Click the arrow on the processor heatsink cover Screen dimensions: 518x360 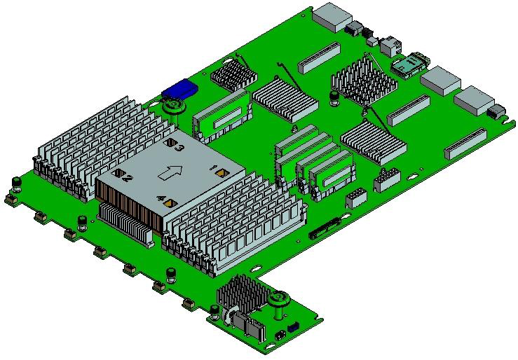pyautogui.click(x=170, y=172)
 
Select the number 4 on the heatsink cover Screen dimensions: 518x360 pyautogui.click(x=161, y=199)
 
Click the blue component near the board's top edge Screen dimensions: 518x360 pyautogui.click(x=179, y=89)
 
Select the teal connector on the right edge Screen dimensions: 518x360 pyautogui.click(x=409, y=64)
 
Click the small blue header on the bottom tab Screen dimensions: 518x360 pyautogui.click(x=293, y=328)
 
